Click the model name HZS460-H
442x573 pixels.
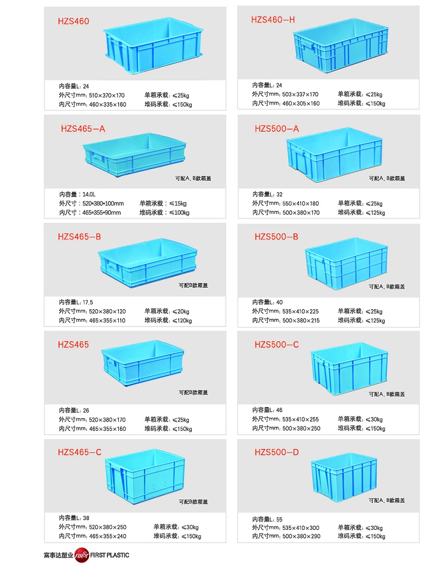pos(272,20)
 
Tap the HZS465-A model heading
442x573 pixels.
pos(83,129)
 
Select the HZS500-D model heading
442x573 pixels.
pos(277,452)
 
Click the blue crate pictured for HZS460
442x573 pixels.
pos(153,46)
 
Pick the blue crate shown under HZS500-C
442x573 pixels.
pos(349,368)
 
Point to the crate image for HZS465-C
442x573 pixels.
pos(145,476)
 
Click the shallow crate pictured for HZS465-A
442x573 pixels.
pos(134,154)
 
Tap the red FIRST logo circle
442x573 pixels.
pos(82,555)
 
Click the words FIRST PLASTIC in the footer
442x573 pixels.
pos(109,555)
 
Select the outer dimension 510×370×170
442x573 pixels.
pos(107,95)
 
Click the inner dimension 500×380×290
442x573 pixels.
pos(302,536)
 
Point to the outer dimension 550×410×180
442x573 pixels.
pos(301,204)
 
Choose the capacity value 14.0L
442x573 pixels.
pos(89,195)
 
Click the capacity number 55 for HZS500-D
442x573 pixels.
pos(279,519)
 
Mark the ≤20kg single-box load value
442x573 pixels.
pos(181,312)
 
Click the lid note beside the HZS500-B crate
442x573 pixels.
pos(387,287)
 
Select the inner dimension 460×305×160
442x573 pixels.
pos(301,103)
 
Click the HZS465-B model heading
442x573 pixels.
pos(79,237)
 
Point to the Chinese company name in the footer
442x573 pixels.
pos(59,555)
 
